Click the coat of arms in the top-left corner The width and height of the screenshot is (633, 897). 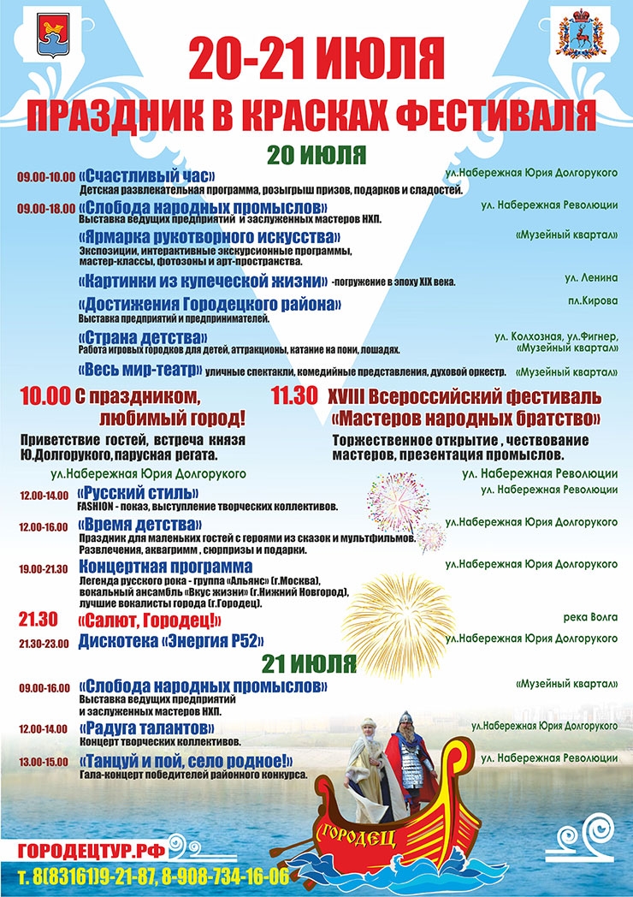(48, 32)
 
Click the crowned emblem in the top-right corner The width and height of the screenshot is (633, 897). (584, 33)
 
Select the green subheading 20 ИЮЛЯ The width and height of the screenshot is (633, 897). (316, 155)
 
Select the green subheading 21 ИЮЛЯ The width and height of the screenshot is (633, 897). (316, 663)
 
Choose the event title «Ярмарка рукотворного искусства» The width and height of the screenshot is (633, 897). (210, 236)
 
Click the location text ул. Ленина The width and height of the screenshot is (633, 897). (590, 278)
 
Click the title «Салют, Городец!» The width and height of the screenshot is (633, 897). (150, 620)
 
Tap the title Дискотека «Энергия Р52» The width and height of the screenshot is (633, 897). (170, 640)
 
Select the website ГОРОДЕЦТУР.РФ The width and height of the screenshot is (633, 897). (91, 851)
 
